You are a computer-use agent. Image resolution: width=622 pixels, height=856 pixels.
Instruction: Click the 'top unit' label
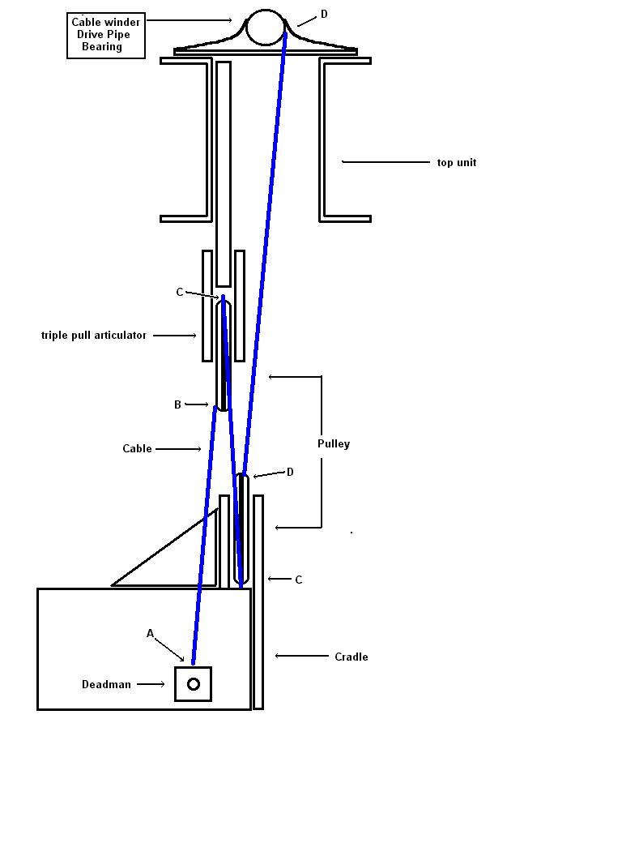(x=457, y=163)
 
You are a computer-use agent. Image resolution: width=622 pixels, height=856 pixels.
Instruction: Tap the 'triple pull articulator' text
(x=94, y=335)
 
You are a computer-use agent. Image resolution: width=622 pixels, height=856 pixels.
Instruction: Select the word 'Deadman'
(x=106, y=685)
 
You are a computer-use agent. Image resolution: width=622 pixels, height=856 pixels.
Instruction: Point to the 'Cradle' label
(x=351, y=657)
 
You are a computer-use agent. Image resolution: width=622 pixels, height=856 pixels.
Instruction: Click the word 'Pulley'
(x=334, y=444)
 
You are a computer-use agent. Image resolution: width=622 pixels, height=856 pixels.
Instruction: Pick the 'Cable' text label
(x=137, y=448)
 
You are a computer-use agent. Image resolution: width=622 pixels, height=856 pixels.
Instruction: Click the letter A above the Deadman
(x=150, y=633)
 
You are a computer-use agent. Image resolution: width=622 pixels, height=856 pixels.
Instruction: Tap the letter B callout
(x=177, y=404)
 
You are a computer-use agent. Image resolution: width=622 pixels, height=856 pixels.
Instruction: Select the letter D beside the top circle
(x=324, y=15)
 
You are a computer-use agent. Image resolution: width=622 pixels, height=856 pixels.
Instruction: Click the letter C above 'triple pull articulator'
(x=180, y=293)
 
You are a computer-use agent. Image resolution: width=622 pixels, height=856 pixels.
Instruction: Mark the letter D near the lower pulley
(x=290, y=472)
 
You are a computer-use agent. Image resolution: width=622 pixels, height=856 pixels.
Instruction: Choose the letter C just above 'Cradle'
(x=298, y=580)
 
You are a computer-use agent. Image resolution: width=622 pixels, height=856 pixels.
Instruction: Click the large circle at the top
(x=266, y=27)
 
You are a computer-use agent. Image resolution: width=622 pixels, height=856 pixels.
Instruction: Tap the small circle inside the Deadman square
(x=194, y=684)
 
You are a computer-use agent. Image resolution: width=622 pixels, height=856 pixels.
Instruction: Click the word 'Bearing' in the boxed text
(x=102, y=46)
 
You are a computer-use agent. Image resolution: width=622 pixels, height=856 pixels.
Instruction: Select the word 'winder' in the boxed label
(x=121, y=23)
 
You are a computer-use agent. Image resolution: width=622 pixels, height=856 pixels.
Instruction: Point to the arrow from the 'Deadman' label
(x=151, y=684)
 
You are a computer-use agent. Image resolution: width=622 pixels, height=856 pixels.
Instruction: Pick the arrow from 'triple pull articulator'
(x=175, y=335)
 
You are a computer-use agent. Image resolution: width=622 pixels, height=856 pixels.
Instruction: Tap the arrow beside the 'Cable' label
(x=179, y=448)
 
